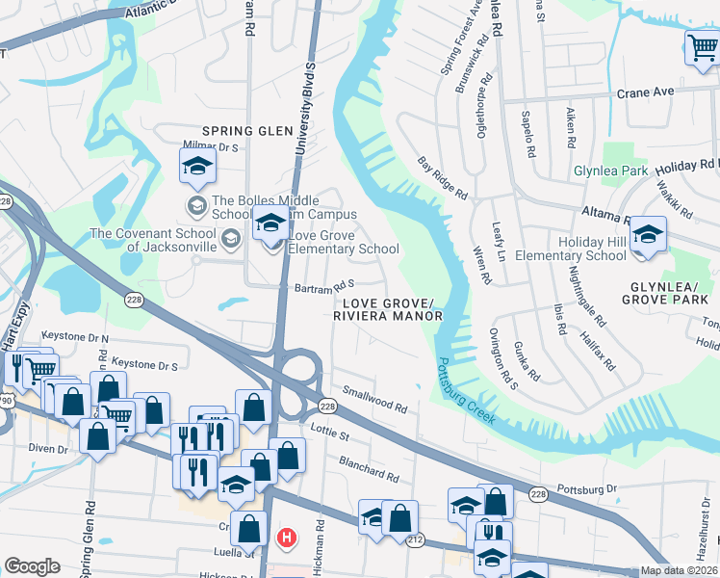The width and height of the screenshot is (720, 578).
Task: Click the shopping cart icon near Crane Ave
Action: click(702, 47)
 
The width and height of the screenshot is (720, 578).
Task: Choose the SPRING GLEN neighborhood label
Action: click(246, 131)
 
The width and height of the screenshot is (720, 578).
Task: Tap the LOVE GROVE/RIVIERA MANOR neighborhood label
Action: click(389, 309)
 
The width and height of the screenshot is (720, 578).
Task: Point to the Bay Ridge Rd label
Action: click(442, 179)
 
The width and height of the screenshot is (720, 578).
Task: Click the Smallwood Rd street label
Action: click(375, 400)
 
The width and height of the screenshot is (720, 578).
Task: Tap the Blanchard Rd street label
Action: click(368, 469)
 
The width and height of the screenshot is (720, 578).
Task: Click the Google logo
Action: click(32, 566)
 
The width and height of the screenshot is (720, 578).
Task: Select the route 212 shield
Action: click(415, 541)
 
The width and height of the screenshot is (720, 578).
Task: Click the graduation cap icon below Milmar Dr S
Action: click(196, 167)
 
